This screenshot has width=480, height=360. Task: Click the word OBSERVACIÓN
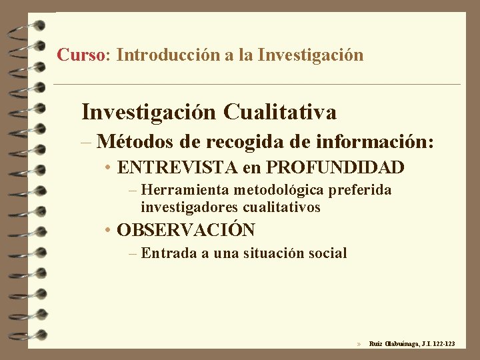coord(185,231)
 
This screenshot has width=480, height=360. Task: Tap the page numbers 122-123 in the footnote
coord(443,344)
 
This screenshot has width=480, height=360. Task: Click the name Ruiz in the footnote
coord(376,344)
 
